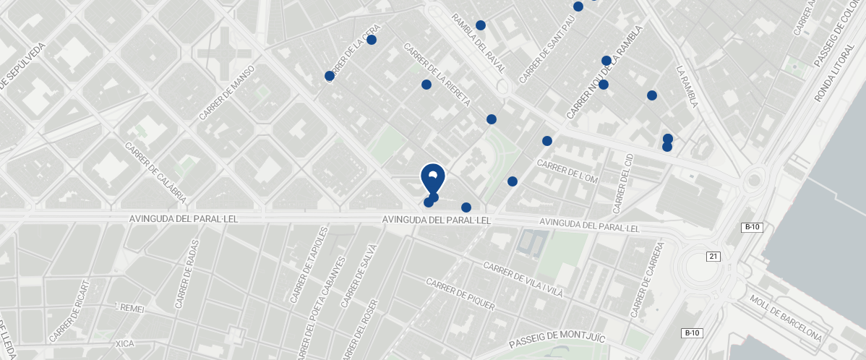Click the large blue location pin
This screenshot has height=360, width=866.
[x=432, y=178]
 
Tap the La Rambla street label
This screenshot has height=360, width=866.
[x=687, y=87]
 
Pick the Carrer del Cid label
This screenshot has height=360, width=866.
[x=622, y=183]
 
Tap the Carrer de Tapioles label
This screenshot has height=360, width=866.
[x=309, y=265]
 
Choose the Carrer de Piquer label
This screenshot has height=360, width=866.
[x=460, y=295]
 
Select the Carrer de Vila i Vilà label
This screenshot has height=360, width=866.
[x=523, y=280]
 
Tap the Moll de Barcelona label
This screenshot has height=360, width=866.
[x=786, y=318]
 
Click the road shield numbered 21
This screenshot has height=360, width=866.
[x=713, y=257]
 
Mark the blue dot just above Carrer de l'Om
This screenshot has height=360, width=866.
[x=547, y=141]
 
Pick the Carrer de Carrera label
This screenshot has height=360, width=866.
[x=647, y=280]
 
